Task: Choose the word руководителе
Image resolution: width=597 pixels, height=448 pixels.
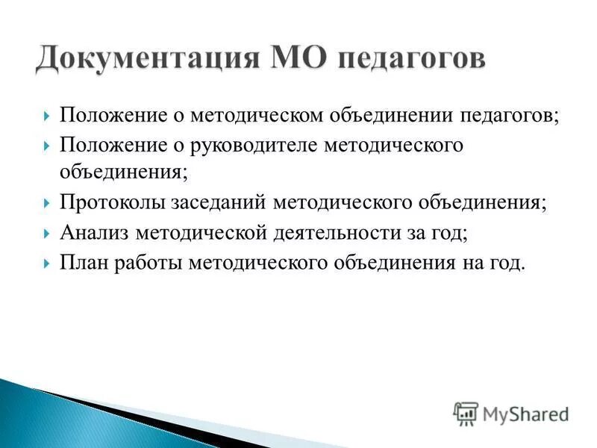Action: point(257,145)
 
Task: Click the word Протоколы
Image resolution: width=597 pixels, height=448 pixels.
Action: point(114,204)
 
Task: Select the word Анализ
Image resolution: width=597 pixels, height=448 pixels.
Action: point(95,233)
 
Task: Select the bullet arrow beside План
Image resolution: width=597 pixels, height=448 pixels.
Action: point(47,263)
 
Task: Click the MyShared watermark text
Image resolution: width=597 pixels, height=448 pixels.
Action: point(525,413)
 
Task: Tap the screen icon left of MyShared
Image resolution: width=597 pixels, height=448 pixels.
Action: point(466,413)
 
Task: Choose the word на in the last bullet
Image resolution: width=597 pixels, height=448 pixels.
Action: point(469,262)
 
